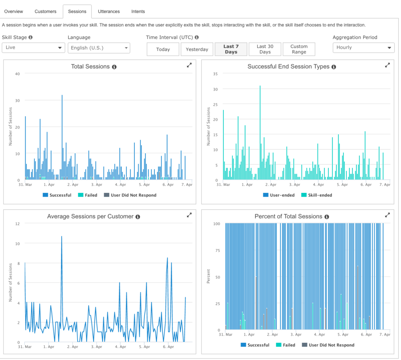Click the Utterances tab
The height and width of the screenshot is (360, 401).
tap(108, 11)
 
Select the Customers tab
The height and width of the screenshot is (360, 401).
tap(45, 11)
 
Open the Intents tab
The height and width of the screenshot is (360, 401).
tap(138, 11)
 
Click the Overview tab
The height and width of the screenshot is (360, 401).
tap(13, 11)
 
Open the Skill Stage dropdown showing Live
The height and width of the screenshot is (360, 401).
tap(33, 48)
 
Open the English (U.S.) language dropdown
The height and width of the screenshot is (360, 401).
tap(99, 48)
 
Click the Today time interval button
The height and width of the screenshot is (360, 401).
tap(163, 49)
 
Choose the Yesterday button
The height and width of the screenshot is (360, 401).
tap(197, 49)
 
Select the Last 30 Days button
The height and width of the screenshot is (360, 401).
tap(265, 49)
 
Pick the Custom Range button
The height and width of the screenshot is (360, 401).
tap(299, 49)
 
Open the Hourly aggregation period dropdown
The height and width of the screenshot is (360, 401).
tap(363, 48)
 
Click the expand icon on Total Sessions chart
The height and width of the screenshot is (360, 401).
tap(189, 65)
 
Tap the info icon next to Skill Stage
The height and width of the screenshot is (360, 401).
tap(31, 37)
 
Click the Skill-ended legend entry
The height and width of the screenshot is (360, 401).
tap(317, 195)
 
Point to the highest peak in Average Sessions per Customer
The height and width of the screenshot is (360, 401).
tap(61, 237)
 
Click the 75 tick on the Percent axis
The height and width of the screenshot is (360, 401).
tap(217, 250)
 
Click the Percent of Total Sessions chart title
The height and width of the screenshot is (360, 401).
tap(288, 216)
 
